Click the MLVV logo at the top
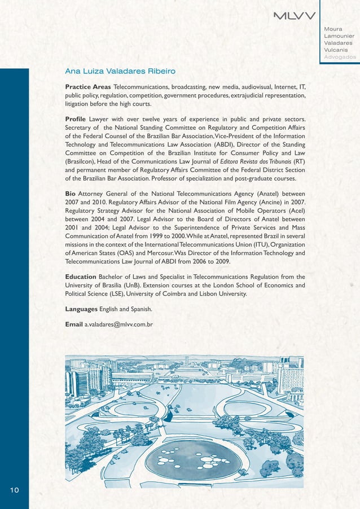[295, 15]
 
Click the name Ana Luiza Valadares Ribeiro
[120, 72]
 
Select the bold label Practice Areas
[87, 87]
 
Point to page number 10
[15, 490]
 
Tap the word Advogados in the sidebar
[340, 57]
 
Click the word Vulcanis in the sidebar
[337, 50]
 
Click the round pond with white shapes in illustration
[192, 454]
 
